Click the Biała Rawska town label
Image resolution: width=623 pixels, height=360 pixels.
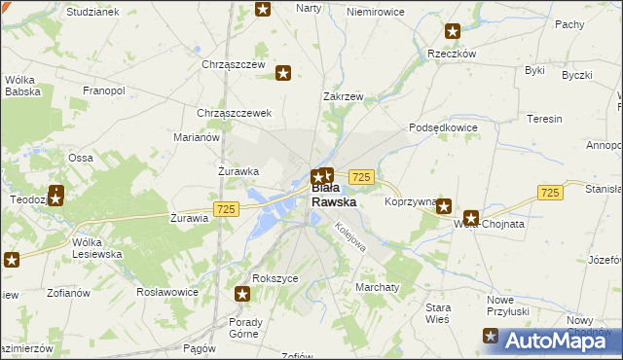pyautogui.click(x=333, y=196)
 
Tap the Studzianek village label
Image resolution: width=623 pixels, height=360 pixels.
pyautogui.click(x=92, y=12)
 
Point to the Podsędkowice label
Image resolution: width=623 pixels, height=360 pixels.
pyautogui.click(x=443, y=127)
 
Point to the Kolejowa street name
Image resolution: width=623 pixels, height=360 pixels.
pyautogui.click(x=350, y=236)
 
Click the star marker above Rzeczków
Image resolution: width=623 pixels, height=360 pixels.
pyautogui.click(x=452, y=32)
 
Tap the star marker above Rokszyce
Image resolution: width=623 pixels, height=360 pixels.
pyautogui.click(x=243, y=293)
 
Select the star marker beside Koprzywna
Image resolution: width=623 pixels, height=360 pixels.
pyautogui.click(x=444, y=205)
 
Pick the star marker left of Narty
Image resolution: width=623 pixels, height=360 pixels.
pyautogui.click(x=263, y=9)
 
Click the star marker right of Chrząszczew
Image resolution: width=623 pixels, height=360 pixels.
pyautogui.click(x=283, y=72)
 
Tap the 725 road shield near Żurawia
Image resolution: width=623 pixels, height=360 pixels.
pyautogui.click(x=226, y=209)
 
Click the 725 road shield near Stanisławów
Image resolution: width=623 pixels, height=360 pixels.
pyautogui.click(x=550, y=193)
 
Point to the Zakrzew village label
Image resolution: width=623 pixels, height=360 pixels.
pyautogui.click(x=343, y=97)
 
